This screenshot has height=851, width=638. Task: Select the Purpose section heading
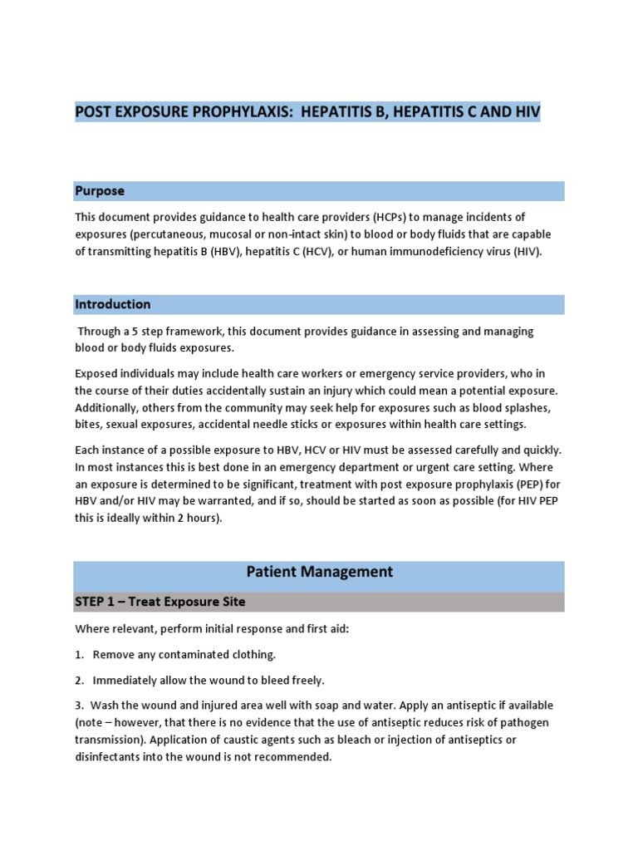(x=100, y=191)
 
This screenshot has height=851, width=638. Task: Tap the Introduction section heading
(x=113, y=304)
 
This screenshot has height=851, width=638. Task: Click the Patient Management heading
(x=319, y=572)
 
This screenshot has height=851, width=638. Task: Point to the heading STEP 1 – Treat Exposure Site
(x=160, y=601)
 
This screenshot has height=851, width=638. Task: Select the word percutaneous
(x=177, y=234)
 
